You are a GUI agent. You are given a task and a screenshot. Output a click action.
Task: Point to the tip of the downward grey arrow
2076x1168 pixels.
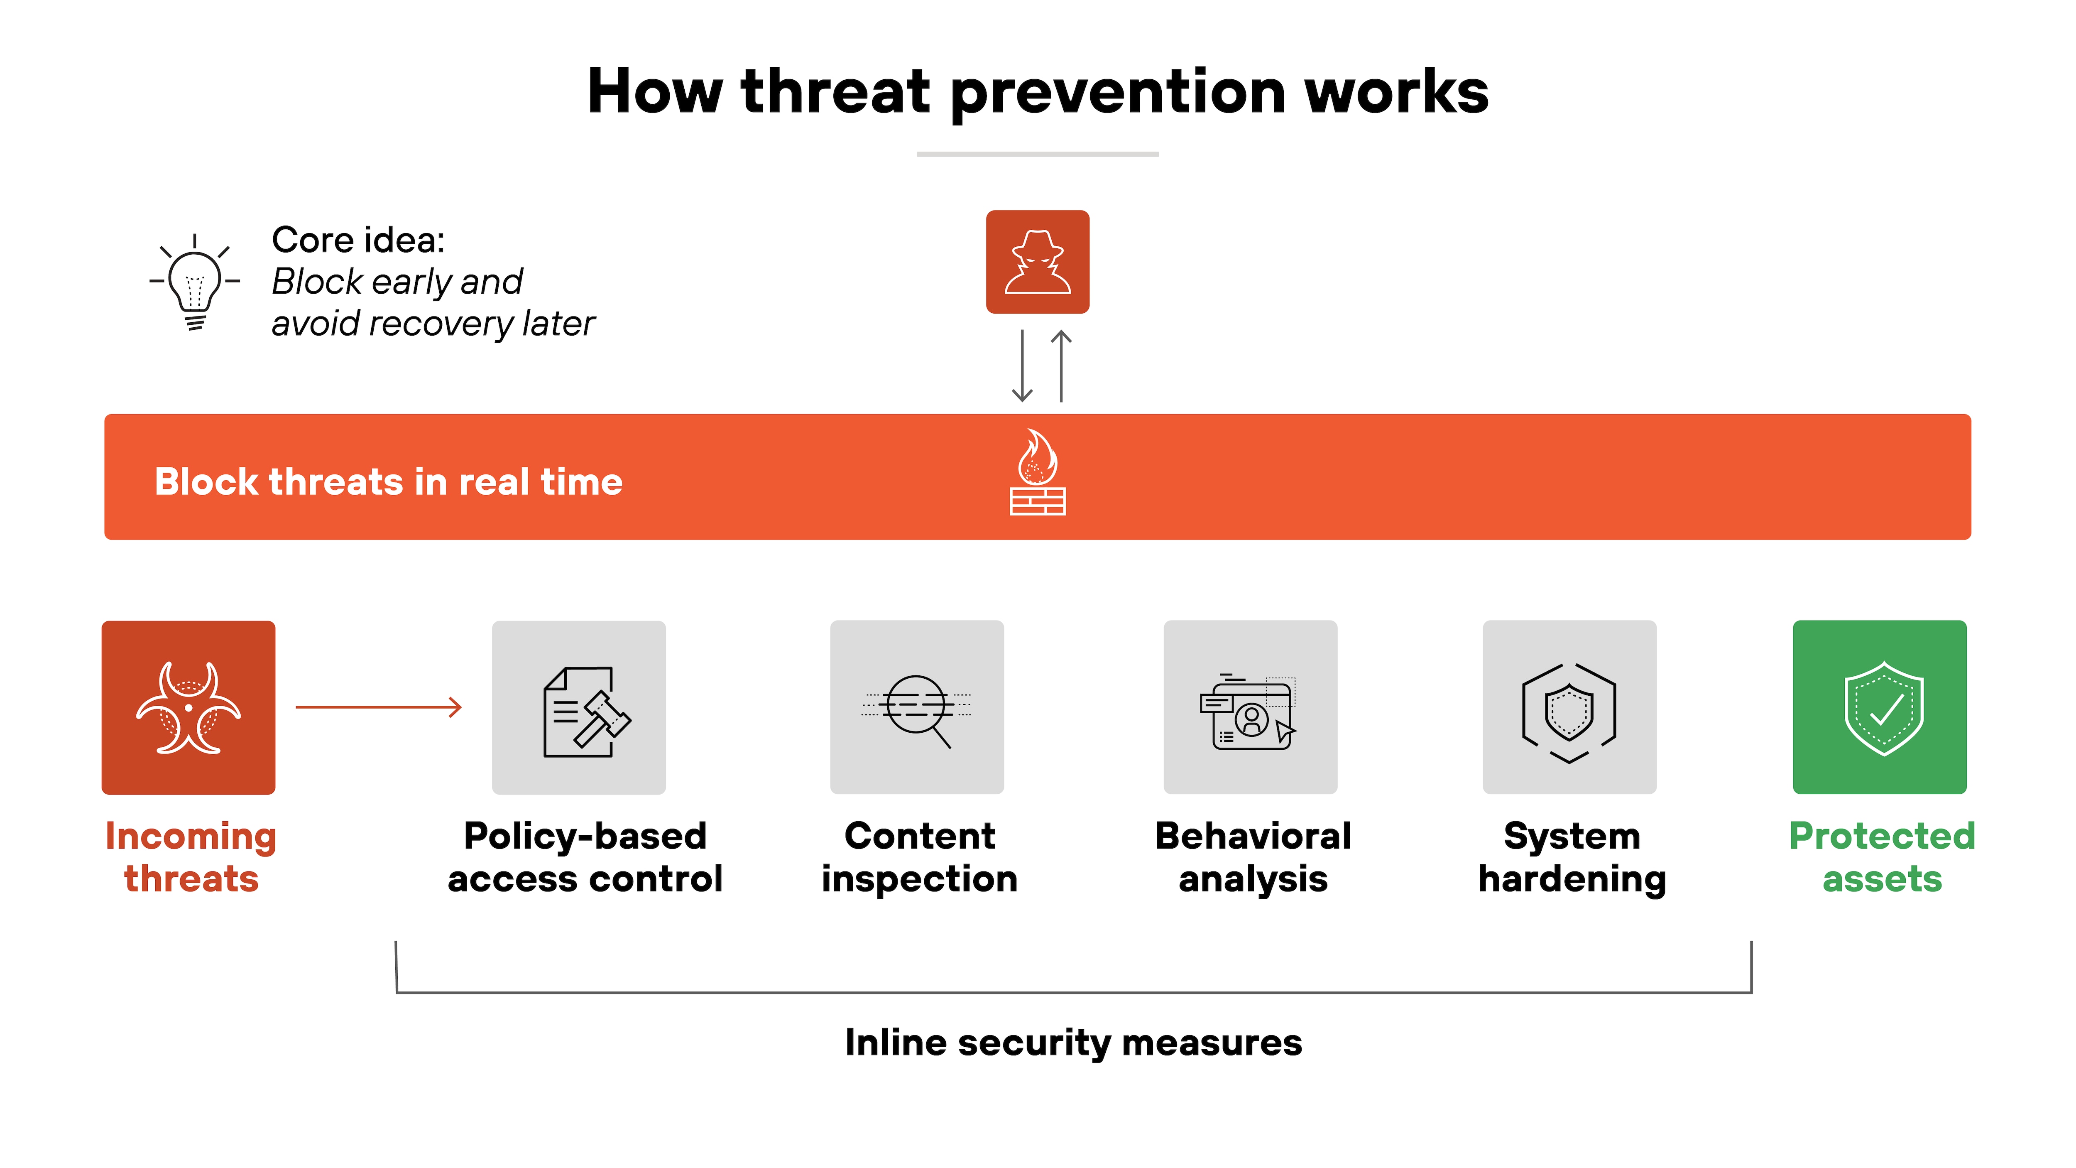(x=1022, y=401)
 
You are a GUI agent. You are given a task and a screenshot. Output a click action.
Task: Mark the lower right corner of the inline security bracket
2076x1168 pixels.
(x=1751, y=992)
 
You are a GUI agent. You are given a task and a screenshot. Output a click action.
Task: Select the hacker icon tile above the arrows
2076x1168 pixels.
(x=1038, y=262)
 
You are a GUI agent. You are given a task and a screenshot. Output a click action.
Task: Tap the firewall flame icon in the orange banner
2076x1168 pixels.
(x=1038, y=472)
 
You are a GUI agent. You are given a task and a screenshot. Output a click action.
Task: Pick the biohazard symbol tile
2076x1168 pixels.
(x=189, y=708)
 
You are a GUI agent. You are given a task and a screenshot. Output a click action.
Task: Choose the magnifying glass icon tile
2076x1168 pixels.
(x=917, y=708)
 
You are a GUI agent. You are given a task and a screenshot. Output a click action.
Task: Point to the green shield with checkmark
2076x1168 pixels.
(x=1884, y=709)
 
